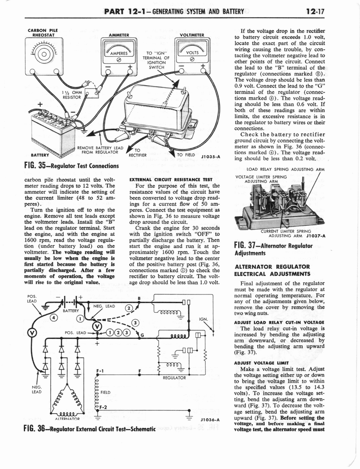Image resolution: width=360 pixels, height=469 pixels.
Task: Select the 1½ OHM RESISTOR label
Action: pos(76,94)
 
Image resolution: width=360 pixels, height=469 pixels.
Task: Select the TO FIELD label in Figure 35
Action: pos(186,154)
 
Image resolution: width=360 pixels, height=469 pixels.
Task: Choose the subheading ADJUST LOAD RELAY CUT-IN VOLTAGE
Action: pos(279,322)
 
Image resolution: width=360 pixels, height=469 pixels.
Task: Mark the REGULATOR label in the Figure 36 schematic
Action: pos(174,378)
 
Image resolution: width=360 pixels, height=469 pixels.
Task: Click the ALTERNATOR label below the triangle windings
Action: pos(67,419)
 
